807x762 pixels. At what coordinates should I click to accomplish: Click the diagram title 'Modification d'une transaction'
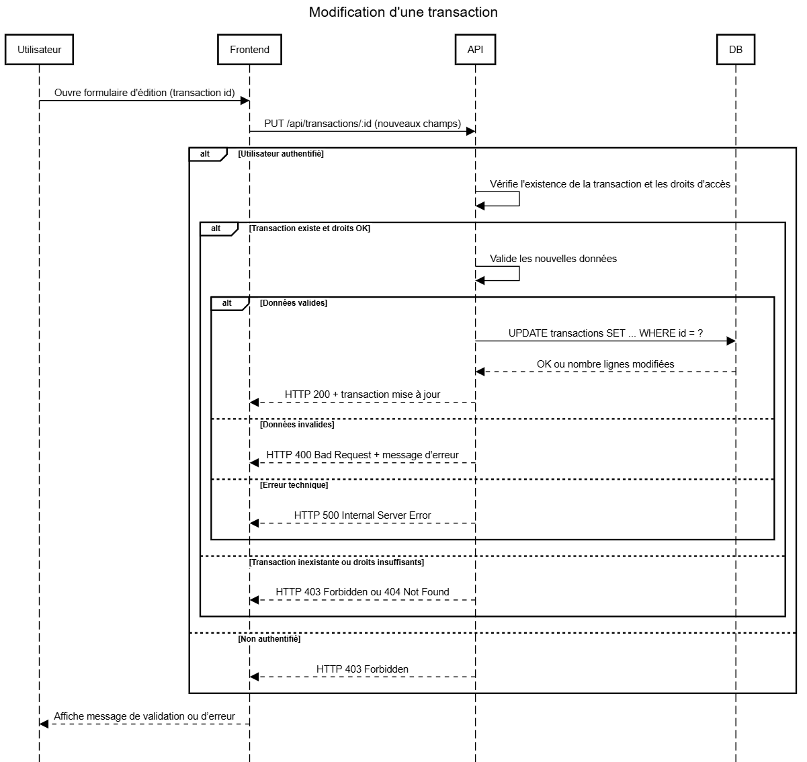pos(403,12)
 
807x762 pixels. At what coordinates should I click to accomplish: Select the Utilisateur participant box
pos(40,50)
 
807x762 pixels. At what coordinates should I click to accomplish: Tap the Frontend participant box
pos(249,50)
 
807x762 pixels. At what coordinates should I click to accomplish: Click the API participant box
pos(476,50)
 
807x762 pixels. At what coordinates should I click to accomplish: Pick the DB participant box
pos(736,50)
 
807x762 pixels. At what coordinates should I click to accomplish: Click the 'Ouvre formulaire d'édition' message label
pos(144,93)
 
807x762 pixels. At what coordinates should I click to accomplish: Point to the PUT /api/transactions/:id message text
pos(362,124)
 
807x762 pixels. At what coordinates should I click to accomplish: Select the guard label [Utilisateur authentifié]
pos(281,154)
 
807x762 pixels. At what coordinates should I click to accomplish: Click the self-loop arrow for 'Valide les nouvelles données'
pos(519,273)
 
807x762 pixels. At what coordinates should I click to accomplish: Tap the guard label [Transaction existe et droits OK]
pos(310,228)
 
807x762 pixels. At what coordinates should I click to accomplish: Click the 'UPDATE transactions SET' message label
pos(605,333)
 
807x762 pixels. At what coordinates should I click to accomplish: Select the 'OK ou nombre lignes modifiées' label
pos(605,364)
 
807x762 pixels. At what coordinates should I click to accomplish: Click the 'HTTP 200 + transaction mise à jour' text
pos(362,394)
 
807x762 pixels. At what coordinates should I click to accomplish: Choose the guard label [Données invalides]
pos(297,424)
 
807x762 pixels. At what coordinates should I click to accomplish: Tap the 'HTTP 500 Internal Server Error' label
pos(362,515)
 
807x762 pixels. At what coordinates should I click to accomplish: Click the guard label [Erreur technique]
pos(294,485)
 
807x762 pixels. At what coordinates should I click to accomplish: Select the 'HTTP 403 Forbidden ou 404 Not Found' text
pos(362,592)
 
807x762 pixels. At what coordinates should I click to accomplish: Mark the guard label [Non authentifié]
pos(269,639)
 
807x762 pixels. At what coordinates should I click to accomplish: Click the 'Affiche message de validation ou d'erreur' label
pos(144,716)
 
